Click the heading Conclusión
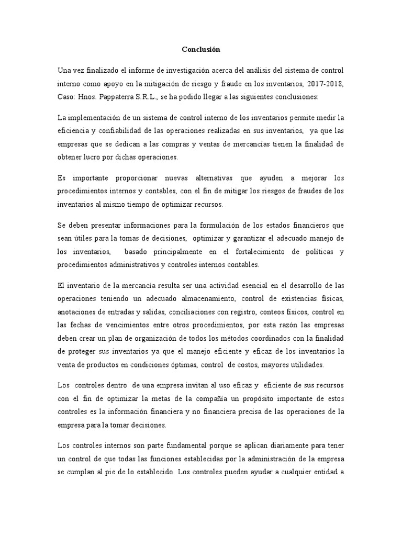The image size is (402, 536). [x=201, y=50]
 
